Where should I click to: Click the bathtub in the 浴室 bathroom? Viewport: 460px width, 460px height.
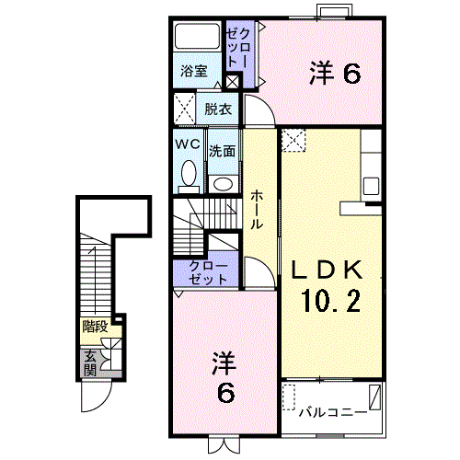(197, 37)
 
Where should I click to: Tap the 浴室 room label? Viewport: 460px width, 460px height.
(194, 71)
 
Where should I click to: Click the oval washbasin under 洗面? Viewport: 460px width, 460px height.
(224, 184)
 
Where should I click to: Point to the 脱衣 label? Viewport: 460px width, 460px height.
(218, 109)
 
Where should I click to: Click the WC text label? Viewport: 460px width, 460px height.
(188, 144)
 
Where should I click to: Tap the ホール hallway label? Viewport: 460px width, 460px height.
(257, 210)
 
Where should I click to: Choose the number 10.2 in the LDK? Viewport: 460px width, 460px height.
(331, 301)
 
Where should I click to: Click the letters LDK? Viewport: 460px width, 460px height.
(327, 270)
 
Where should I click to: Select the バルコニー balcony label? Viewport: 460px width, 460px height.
(333, 412)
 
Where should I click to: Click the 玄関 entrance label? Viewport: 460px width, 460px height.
(90, 363)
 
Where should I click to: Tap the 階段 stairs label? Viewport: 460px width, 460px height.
(95, 327)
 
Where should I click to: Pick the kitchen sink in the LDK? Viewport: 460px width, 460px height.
(371, 186)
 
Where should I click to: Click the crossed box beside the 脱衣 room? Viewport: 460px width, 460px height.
(185, 109)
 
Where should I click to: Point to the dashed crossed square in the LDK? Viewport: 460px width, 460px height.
(293, 140)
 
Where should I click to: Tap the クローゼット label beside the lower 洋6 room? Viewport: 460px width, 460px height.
(208, 272)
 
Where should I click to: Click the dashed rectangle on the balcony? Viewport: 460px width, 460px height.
(289, 397)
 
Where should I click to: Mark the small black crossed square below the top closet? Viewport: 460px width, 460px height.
(233, 81)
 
